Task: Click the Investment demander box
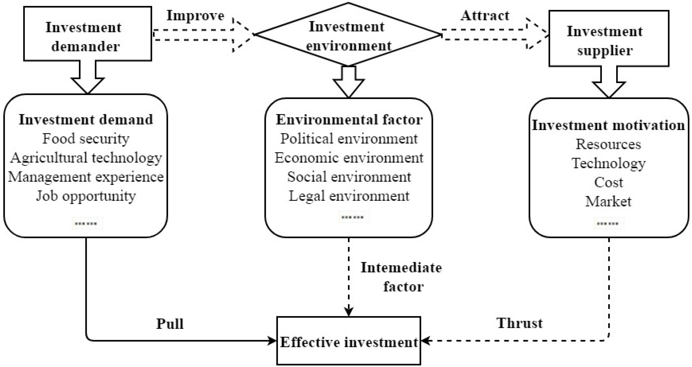(87, 34)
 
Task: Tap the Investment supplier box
(608, 38)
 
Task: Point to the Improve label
(195, 16)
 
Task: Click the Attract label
(485, 16)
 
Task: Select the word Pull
(170, 324)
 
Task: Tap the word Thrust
(519, 323)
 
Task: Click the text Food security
(86, 139)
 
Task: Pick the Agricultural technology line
(86, 158)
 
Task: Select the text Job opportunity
(86, 196)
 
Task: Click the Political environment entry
(349, 139)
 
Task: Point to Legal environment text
(349, 196)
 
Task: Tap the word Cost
(608, 183)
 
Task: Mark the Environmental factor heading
(349, 120)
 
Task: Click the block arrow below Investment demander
(88, 78)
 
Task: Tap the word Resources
(608, 145)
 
